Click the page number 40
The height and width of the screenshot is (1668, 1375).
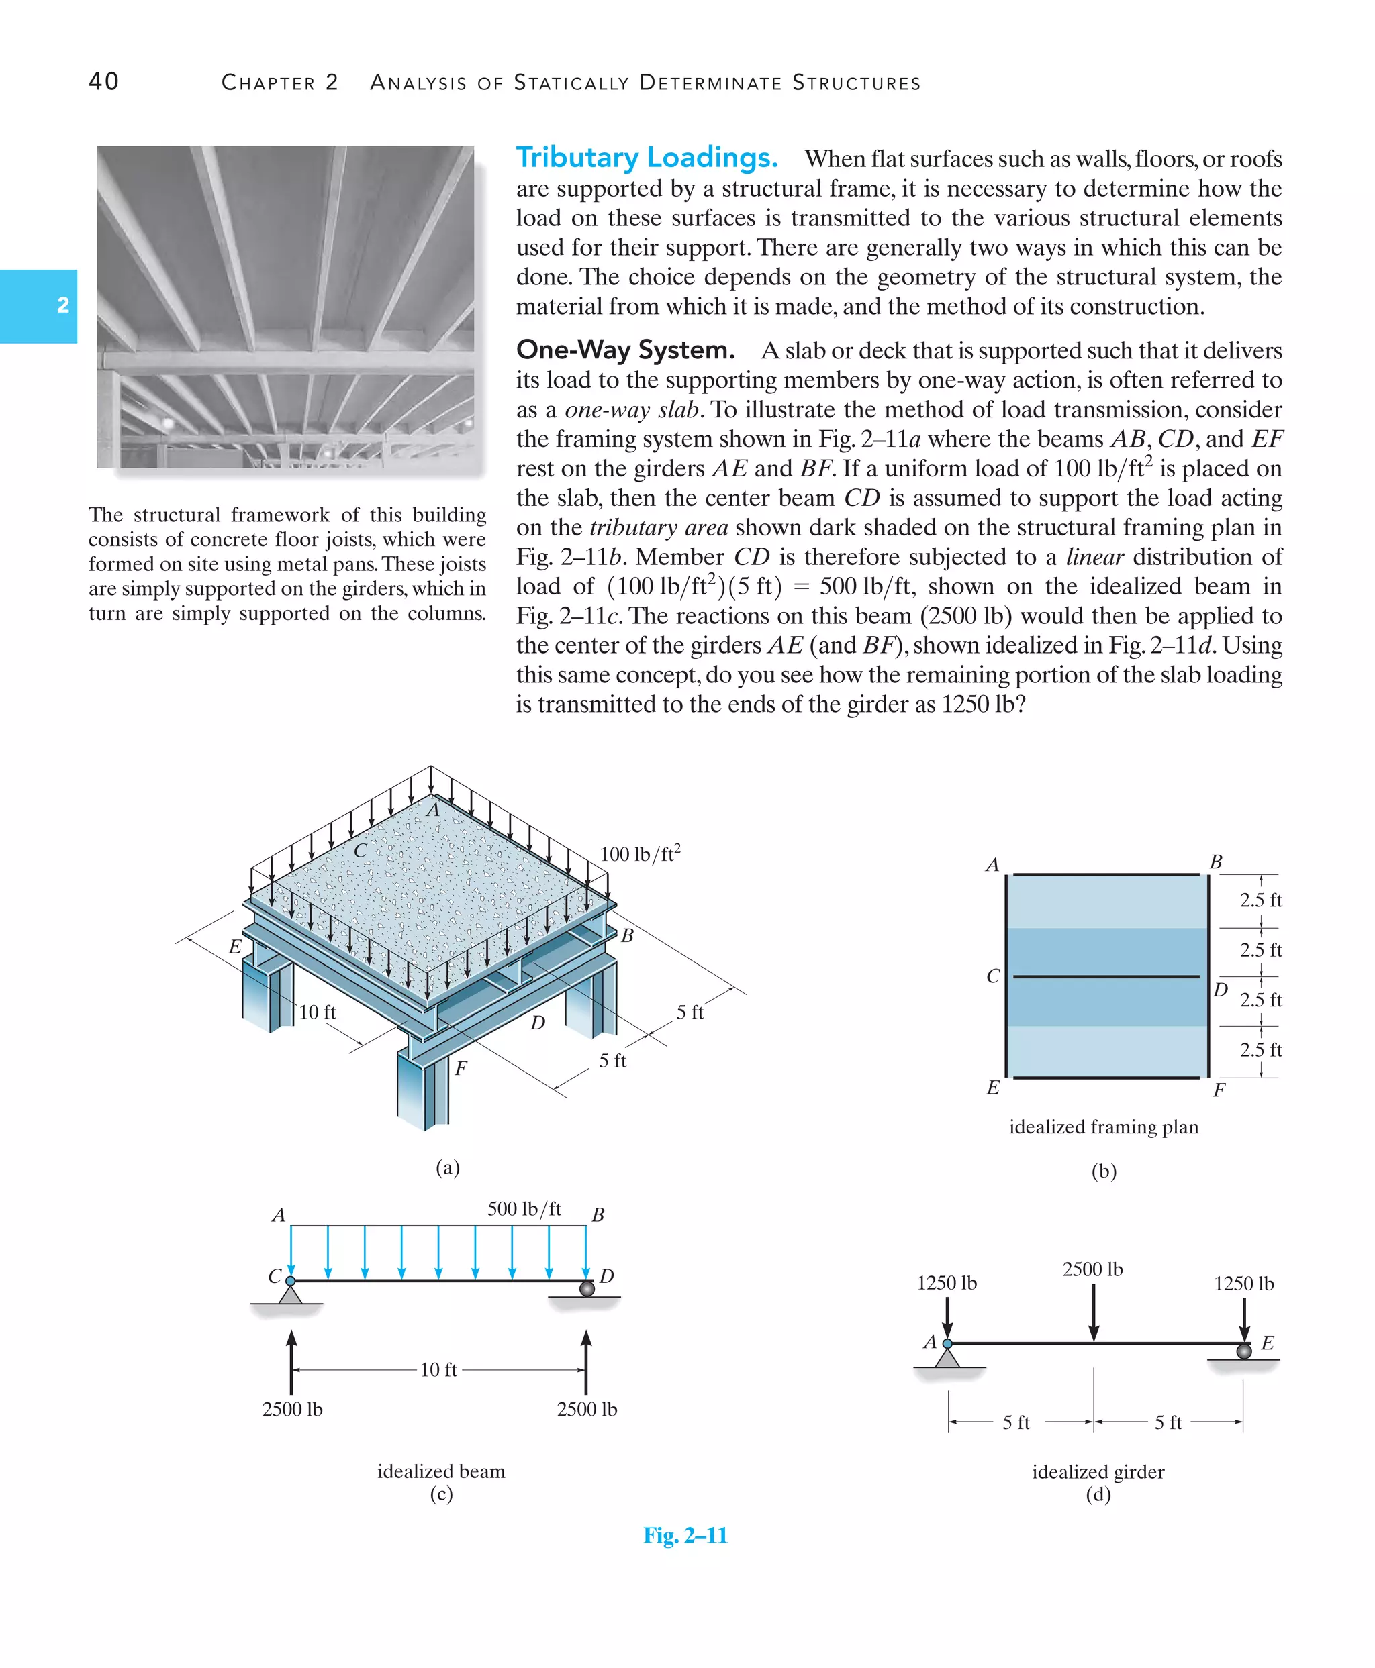point(104,82)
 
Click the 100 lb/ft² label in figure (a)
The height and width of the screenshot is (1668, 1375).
point(640,854)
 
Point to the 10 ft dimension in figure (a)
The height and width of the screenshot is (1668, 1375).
point(318,1012)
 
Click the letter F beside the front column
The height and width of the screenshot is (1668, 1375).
point(461,1069)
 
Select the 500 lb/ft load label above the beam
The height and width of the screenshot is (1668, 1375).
point(524,1209)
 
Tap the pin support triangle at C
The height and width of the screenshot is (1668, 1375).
point(290,1294)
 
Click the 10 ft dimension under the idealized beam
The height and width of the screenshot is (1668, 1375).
point(438,1369)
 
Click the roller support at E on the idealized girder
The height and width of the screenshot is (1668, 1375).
point(1244,1351)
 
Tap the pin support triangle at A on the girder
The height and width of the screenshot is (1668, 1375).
point(947,1357)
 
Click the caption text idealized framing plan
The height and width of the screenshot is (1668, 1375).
point(1103,1127)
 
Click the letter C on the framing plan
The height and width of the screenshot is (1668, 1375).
point(992,976)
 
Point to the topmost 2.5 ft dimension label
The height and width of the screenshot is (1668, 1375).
point(1260,900)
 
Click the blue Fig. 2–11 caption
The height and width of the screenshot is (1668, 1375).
point(685,1536)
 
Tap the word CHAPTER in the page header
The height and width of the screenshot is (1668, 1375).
point(269,83)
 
